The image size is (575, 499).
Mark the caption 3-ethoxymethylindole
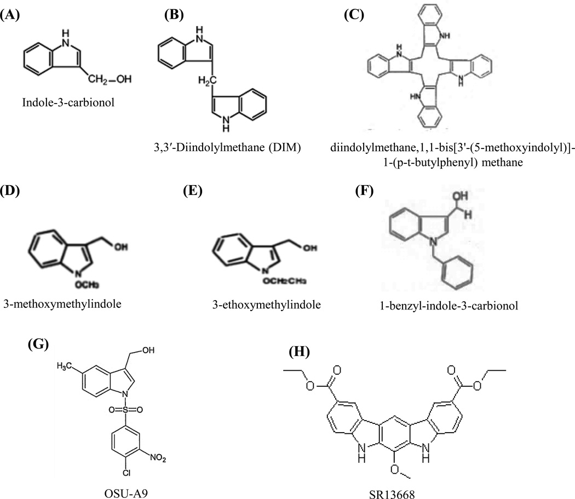[x=252, y=303]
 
